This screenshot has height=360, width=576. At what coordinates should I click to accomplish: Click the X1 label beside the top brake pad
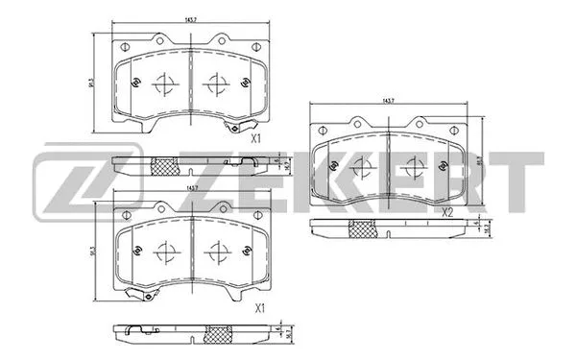256,138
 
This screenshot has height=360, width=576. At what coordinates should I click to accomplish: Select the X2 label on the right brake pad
446,212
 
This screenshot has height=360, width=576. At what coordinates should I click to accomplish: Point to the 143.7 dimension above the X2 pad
388,100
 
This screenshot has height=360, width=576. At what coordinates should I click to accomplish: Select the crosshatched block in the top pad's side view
165,166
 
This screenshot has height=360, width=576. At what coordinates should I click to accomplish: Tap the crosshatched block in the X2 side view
361,228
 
